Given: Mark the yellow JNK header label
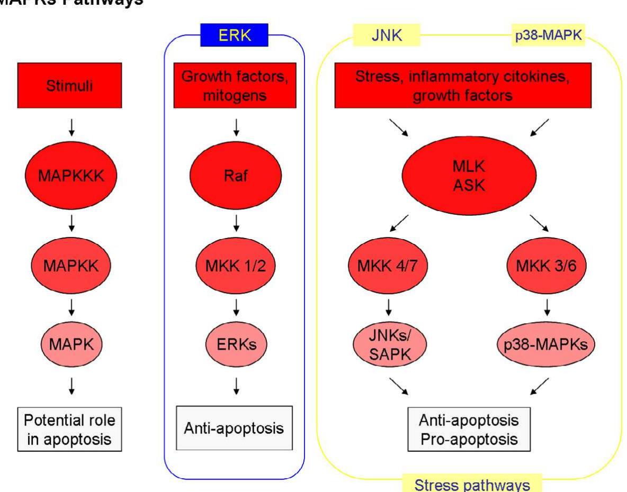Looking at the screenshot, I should click(386, 38).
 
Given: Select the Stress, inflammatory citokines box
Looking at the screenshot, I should click(470, 87).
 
